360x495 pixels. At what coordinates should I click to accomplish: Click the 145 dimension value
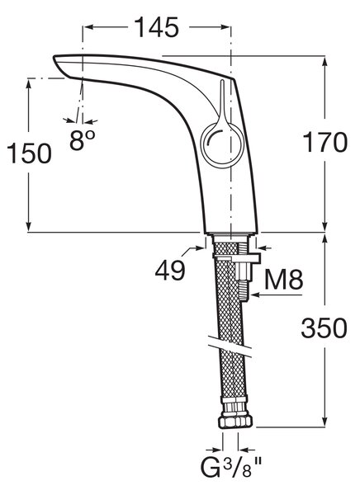point(157,27)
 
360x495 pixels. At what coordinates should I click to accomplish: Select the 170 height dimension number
point(325,143)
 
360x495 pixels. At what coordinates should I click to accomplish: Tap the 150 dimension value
point(29,153)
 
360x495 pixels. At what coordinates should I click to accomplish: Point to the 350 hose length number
point(324,328)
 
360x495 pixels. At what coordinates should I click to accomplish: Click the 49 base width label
point(170,271)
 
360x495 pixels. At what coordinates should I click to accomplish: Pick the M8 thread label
point(283,280)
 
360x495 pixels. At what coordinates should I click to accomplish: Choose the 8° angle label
point(83,140)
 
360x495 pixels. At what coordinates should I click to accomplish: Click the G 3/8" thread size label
point(232,468)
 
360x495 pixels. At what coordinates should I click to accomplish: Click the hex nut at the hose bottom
point(235,422)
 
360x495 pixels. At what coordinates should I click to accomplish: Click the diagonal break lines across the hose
point(230,346)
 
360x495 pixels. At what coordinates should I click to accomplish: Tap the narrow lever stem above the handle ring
point(222,98)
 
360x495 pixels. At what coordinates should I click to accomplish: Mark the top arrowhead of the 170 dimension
point(324,62)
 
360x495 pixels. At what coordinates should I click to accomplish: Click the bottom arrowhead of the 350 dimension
point(324,422)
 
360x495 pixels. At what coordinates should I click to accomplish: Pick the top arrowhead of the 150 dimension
point(29,85)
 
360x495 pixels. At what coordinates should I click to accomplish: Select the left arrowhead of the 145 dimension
point(89,27)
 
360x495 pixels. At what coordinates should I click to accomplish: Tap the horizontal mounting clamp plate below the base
point(237,258)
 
